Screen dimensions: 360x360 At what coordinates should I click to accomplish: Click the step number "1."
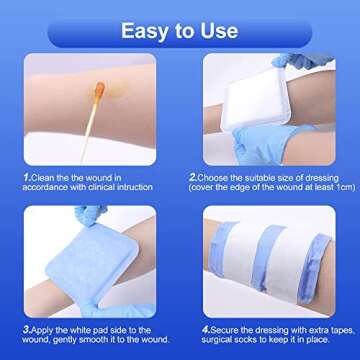(27, 176)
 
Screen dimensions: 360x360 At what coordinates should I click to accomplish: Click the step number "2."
(193, 176)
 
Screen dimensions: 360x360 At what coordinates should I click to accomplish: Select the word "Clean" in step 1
(44, 176)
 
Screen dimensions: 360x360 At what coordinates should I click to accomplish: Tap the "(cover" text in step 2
(205, 187)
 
